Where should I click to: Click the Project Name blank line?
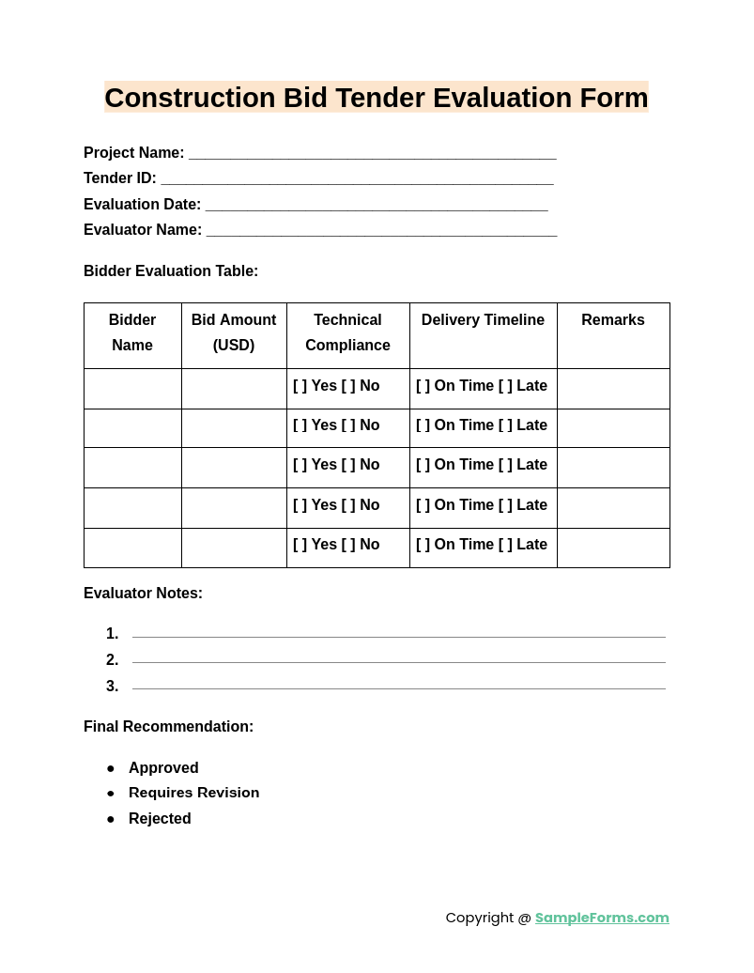(x=372, y=153)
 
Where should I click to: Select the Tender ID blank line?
(x=357, y=178)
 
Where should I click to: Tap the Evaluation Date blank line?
(x=376, y=205)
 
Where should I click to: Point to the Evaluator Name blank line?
(x=381, y=230)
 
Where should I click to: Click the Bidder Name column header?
(x=132, y=332)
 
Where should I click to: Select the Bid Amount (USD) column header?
(x=234, y=332)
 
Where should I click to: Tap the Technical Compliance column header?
(x=347, y=332)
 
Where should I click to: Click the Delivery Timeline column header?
(x=483, y=320)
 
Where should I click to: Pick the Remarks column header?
(x=612, y=320)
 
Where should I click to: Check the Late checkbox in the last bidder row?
(x=505, y=545)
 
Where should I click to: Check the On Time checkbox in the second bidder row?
(x=423, y=425)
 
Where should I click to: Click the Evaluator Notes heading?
(x=143, y=594)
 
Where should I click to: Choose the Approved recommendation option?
(x=163, y=768)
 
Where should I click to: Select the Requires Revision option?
(x=193, y=793)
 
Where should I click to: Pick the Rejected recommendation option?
(x=160, y=819)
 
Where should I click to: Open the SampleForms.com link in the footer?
(x=602, y=918)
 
